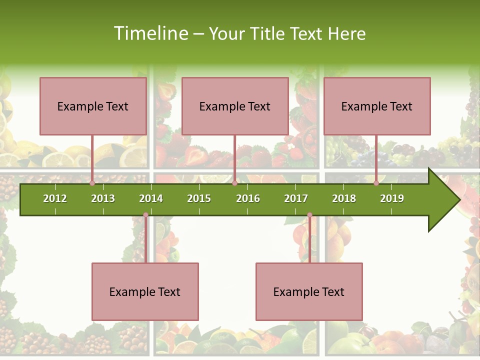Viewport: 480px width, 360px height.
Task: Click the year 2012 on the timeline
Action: pos(55,198)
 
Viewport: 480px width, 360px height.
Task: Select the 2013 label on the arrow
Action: pos(103,198)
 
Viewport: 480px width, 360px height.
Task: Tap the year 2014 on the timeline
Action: pos(151,198)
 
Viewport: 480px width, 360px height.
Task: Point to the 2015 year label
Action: pos(199,198)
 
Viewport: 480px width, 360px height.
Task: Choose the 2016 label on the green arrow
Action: pos(248,198)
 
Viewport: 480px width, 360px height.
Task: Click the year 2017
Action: pos(296,198)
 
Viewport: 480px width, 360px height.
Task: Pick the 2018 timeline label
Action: pos(344,198)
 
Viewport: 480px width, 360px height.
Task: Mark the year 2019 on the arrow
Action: pos(392,198)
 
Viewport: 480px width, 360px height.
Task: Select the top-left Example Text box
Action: pos(93,106)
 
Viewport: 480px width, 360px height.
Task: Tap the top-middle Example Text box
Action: pos(235,106)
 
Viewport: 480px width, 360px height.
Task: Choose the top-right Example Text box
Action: pos(377,106)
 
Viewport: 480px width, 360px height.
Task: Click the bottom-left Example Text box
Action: pos(145,291)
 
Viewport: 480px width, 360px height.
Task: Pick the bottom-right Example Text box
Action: pos(309,291)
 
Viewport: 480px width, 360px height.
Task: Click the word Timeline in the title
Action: pos(150,33)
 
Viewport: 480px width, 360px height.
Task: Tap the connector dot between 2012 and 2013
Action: pos(92,183)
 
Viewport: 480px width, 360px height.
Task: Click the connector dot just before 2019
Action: pos(376,183)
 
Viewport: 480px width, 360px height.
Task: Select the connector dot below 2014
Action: pos(145,215)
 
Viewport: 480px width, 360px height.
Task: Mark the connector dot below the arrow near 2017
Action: pos(309,215)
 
